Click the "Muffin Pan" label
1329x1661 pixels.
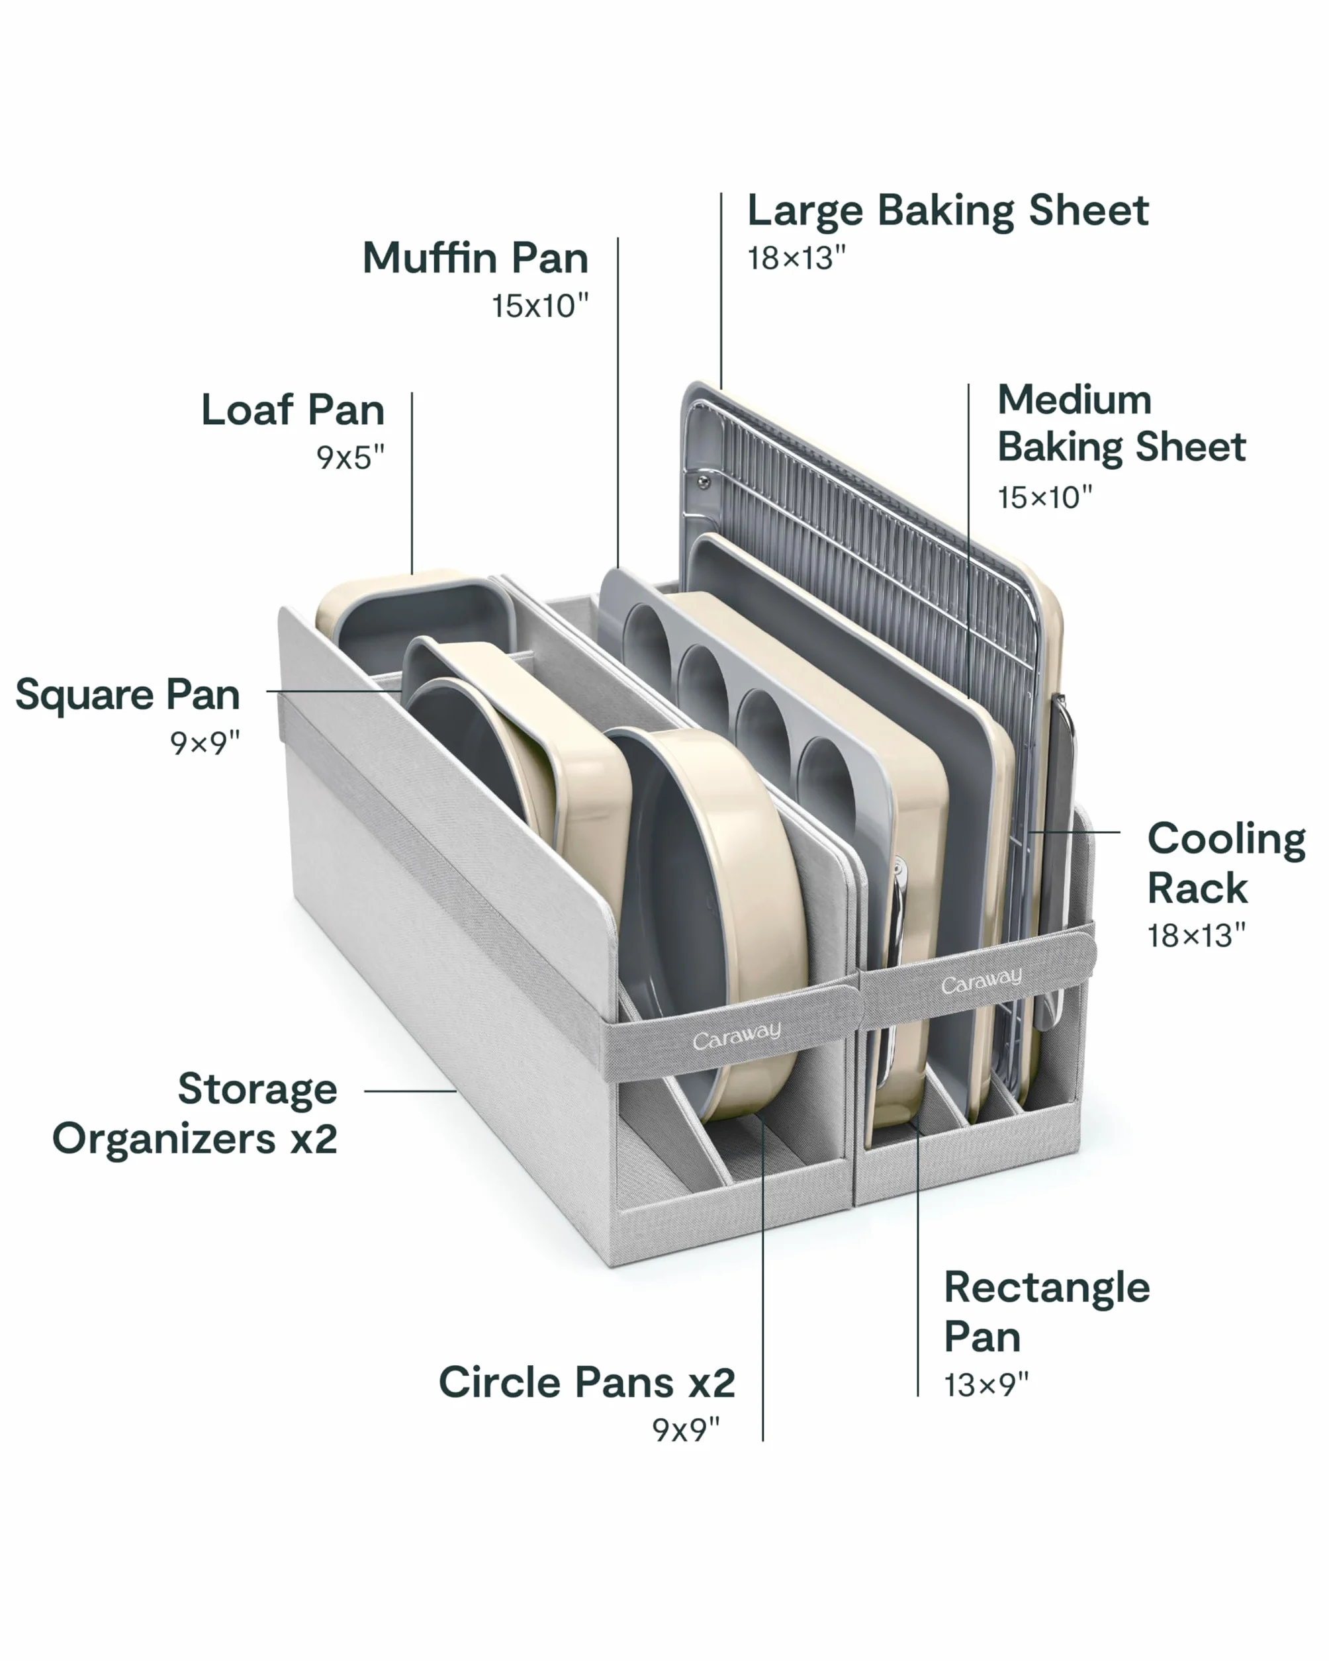[x=475, y=257]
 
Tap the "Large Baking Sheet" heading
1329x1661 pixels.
[x=948, y=211]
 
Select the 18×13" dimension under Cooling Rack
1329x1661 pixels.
[x=1196, y=935]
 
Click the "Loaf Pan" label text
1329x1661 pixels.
[x=293, y=410]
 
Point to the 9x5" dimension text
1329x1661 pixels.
[x=349, y=458]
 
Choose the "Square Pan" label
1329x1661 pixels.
[x=128, y=696]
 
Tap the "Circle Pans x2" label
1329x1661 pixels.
[x=586, y=1382]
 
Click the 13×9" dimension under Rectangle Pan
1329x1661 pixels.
[x=986, y=1384]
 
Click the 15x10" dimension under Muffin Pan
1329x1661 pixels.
[x=540, y=306]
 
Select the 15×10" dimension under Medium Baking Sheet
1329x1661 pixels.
[x=1044, y=497]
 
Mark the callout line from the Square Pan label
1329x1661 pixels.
[x=333, y=691]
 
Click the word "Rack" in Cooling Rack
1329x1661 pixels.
[x=1197, y=888]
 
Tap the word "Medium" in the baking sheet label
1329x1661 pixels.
[x=1075, y=400]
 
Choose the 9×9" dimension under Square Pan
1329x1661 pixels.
[x=205, y=743]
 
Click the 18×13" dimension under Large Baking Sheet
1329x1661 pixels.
[x=796, y=258]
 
